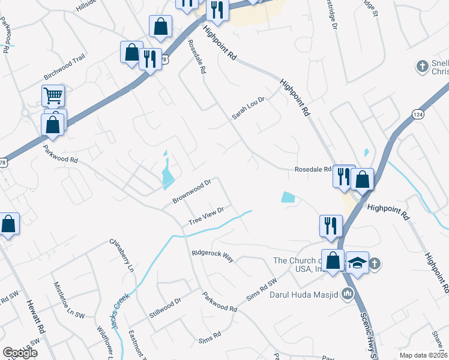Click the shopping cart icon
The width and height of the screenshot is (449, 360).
(53, 95)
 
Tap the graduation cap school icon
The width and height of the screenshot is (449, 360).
(357, 262)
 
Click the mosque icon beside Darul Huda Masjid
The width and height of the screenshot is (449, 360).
(347, 294)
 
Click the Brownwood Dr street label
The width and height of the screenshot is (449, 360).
(192, 190)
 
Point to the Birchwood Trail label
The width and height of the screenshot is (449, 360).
(65, 68)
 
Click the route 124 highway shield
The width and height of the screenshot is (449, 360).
(418, 113)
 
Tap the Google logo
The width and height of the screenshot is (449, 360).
(20, 352)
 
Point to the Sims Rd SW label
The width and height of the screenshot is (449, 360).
(262, 290)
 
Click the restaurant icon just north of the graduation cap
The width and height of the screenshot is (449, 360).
(331, 225)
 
